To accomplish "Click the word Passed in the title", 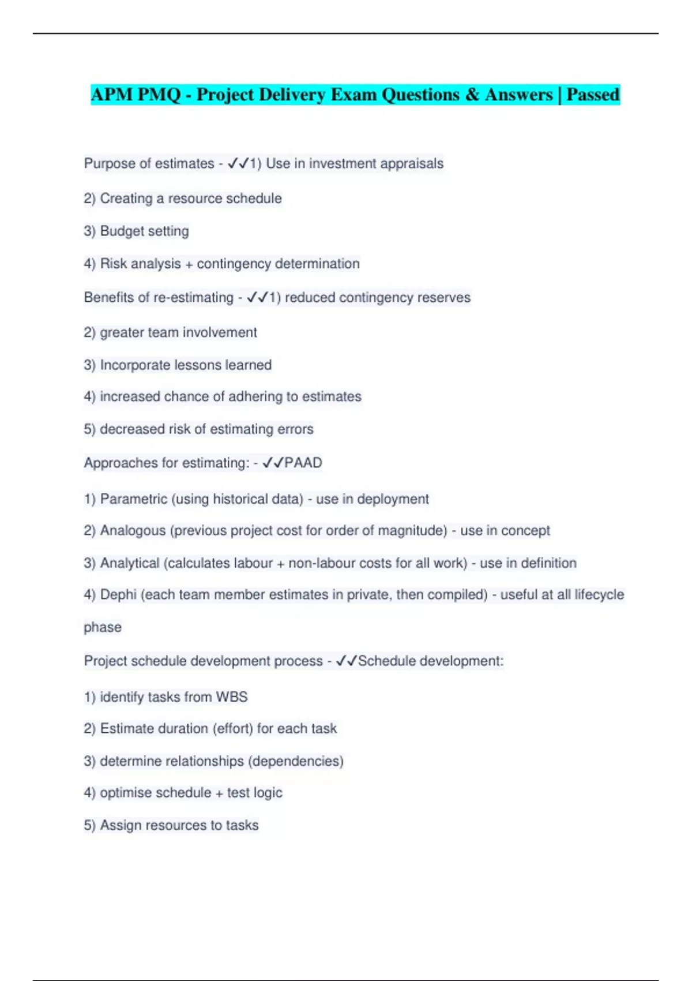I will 593,94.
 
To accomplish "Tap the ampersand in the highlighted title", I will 472,94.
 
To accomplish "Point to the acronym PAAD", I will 303,463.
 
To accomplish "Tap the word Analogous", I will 133,531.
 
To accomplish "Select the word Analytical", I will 130,563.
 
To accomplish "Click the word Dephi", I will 118,595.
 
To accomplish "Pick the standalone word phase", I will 103,627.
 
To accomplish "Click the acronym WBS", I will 232,697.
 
